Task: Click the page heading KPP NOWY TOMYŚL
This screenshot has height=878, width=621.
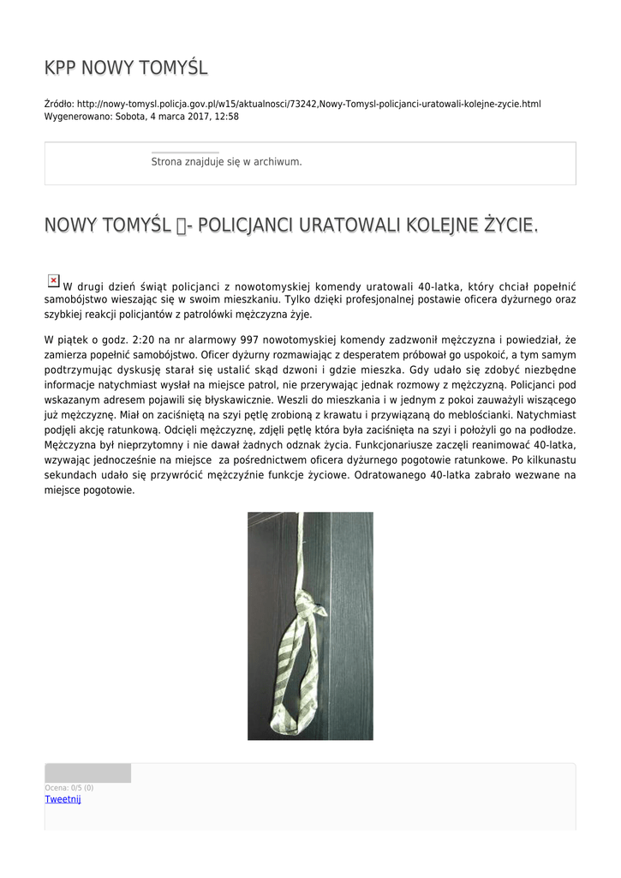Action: pos(126,68)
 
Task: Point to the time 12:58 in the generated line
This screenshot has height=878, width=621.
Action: pos(226,117)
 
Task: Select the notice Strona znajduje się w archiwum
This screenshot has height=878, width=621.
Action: pos(226,162)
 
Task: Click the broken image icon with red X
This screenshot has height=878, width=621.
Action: pos(53,280)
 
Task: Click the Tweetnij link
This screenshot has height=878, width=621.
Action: pos(63,799)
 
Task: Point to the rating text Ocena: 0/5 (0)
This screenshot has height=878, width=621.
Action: pos(69,788)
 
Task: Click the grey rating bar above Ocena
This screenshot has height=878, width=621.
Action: pos(87,773)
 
